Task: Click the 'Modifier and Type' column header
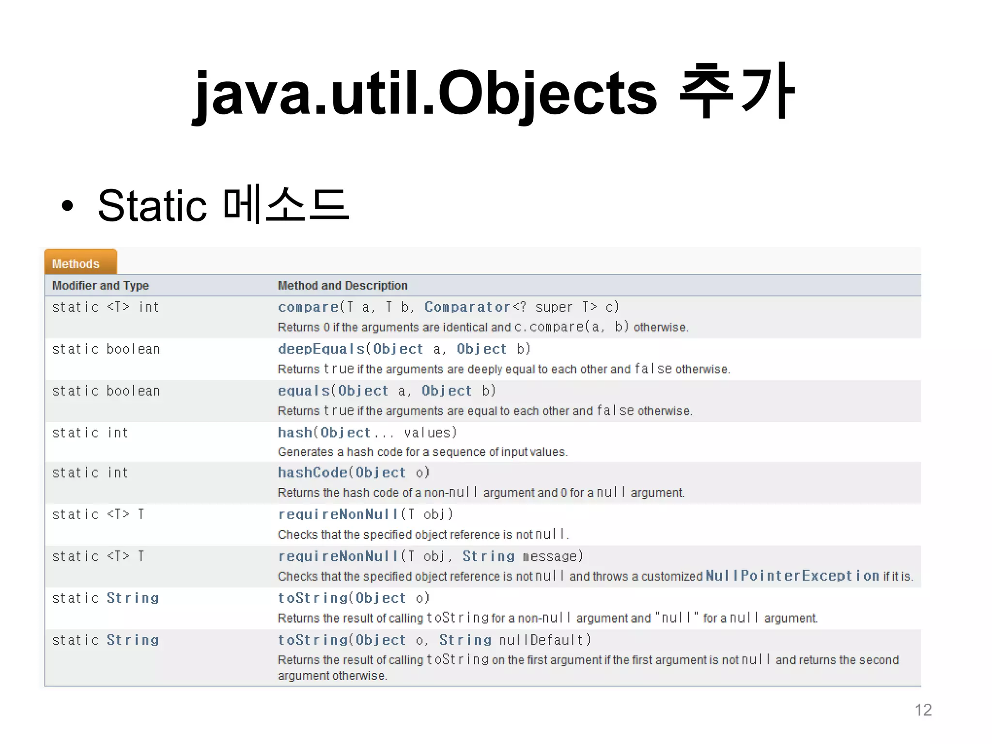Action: [x=100, y=285]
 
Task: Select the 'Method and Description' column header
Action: [x=342, y=285]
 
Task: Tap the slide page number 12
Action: [x=923, y=710]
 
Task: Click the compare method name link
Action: [x=308, y=307]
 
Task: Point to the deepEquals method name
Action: [x=321, y=349]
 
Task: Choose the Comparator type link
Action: [x=467, y=307]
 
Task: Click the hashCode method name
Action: [x=312, y=472]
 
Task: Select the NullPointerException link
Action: [x=792, y=575]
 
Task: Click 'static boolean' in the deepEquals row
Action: [x=106, y=349]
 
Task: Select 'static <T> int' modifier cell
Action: [x=105, y=307]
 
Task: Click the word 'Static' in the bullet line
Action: [x=153, y=205]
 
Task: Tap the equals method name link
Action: [x=304, y=391]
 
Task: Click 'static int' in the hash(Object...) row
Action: [x=90, y=433]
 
